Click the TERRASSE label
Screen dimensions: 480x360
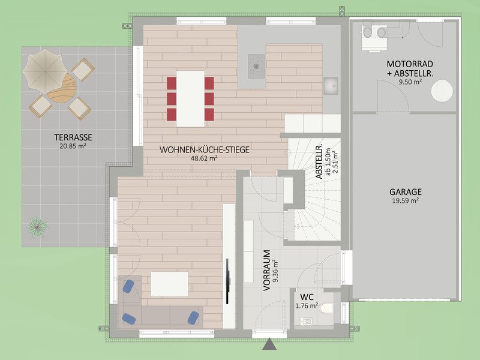pyautogui.click(x=73, y=137)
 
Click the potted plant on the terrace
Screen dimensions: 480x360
pyautogui.click(x=37, y=227)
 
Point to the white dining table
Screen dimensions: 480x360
pyautogui.click(x=190, y=98)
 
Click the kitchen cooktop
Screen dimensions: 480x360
pyautogui.click(x=256, y=66)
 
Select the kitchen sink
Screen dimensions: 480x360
pyautogui.click(x=331, y=86)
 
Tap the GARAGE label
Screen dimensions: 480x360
pyautogui.click(x=406, y=192)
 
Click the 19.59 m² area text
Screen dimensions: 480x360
pyautogui.click(x=406, y=201)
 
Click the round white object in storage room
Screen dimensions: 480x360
pyautogui.click(x=442, y=91)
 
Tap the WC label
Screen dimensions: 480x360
pyautogui.click(x=307, y=297)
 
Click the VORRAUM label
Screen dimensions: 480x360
pyautogui.click(x=266, y=271)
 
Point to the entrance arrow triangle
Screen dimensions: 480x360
pyautogui.click(x=269, y=344)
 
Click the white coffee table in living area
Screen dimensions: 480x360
pyautogui.click(x=170, y=284)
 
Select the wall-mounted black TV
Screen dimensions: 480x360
pyautogui.click(x=227, y=281)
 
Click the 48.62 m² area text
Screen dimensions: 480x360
pyautogui.click(x=204, y=158)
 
